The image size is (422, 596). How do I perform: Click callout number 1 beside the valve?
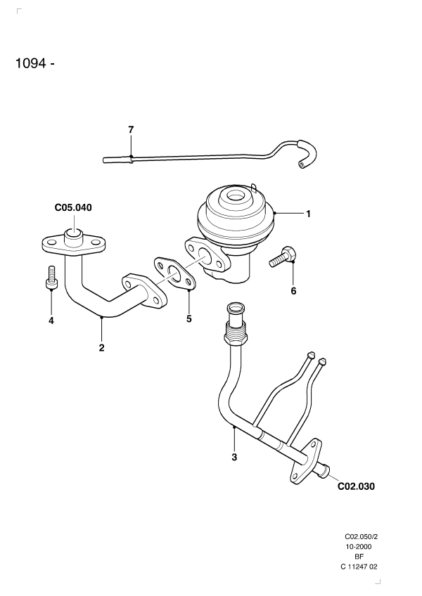click(x=307, y=214)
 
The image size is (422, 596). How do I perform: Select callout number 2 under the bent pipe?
click(x=101, y=347)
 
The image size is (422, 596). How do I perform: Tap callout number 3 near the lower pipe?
click(x=234, y=458)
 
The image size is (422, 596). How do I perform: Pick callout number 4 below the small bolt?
click(x=51, y=320)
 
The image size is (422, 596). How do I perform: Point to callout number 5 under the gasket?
click(x=189, y=319)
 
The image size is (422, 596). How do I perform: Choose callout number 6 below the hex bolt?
click(x=293, y=290)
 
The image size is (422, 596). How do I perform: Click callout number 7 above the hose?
click(x=131, y=129)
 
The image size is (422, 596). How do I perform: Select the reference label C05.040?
click(x=74, y=208)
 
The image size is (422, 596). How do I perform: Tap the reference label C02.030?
click(x=356, y=486)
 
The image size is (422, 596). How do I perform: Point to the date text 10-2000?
click(x=359, y=545)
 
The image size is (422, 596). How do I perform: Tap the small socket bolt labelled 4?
click(x=51, y=277)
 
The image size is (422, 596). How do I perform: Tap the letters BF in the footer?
click(x=359, y=556)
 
